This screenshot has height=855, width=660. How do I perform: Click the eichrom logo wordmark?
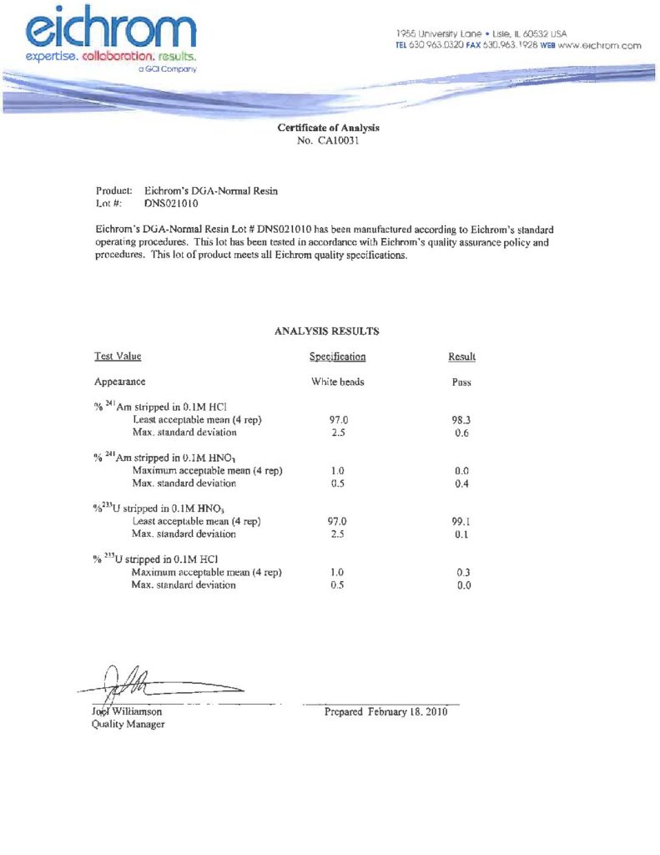(112, 30)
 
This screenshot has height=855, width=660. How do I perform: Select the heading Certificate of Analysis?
(328, 128)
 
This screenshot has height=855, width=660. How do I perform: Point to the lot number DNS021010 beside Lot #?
(170, 203)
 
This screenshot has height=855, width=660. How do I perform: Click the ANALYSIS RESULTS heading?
(326, 331)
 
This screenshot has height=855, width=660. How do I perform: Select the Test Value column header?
(118, 357)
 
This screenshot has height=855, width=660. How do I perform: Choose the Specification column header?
(337, 357)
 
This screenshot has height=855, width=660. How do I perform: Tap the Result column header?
(461, 357)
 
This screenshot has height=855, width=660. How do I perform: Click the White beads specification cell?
(337, 382)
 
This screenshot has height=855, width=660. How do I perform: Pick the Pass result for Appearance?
(461, 382)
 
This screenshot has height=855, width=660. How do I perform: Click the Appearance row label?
(120, 382)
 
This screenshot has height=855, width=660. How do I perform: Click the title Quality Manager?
(128, 725)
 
